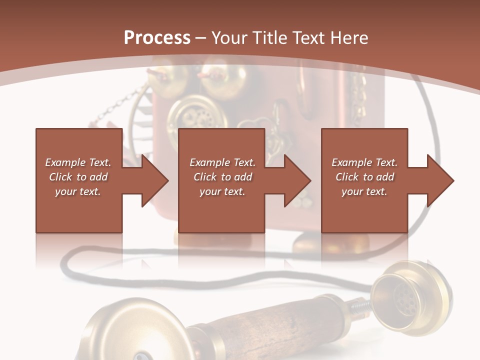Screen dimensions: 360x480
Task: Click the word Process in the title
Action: pos(157,38)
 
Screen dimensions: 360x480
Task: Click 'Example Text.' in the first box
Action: pos(78,162)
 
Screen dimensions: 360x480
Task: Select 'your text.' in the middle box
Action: pos(222,191)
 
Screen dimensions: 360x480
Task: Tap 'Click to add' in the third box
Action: pos(364,177)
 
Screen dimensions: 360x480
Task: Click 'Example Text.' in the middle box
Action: pos(222,162)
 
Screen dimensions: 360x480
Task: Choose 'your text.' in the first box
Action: pos(78,191)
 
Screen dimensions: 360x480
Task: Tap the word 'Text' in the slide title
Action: pos(307,38)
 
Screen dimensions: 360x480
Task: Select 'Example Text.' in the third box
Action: pos(364,162)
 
